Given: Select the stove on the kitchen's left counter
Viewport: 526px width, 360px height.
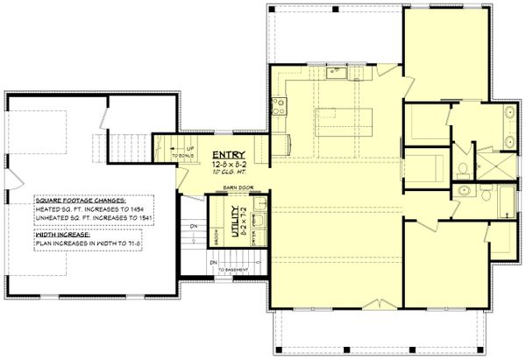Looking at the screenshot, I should [281, 109].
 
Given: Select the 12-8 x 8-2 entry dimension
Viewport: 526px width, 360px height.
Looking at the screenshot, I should [230, 162].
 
